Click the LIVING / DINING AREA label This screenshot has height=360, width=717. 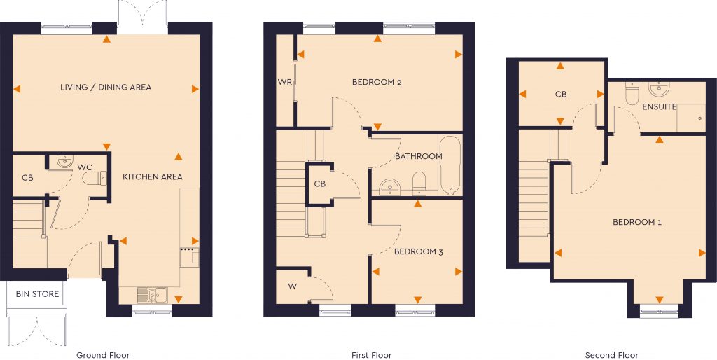point(106,88)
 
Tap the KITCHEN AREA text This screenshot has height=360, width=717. point(153,177)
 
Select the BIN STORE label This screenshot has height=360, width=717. point(37,294)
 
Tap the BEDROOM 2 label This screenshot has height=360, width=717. point(377,83)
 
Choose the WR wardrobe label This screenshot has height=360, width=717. point(284,83)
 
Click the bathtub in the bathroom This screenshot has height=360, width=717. point(450,165)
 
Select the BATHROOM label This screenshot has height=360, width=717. point(419,156)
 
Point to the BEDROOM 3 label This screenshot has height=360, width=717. point(419,251)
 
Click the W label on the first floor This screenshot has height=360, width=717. point(291,286)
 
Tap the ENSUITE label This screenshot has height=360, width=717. point(660,107)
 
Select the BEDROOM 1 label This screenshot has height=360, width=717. point(637,223)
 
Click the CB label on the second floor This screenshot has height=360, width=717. point(560,95)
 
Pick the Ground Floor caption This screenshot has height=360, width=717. point(103,355)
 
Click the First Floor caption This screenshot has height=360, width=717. point(371,355)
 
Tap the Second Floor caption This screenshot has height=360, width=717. point(612,355)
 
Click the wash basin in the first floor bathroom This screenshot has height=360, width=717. point(389,186)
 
